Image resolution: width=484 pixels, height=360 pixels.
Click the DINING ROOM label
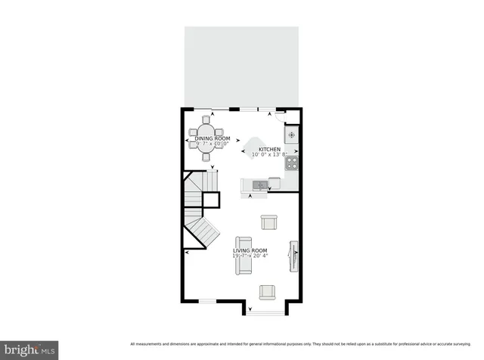[213, 139]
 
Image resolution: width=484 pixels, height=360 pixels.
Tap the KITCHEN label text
[269, 150]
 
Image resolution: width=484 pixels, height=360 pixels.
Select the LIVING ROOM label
[250, 250]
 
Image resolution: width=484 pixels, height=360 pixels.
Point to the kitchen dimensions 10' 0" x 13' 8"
[269, 155]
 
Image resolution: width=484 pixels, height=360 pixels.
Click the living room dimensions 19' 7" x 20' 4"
[250, 256]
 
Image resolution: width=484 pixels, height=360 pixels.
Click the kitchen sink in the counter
[259, 184]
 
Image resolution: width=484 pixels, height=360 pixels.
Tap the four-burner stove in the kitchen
[292, 162]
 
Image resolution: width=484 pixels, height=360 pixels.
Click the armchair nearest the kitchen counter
[268, 222]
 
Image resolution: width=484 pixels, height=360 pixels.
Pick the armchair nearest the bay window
[267, 292]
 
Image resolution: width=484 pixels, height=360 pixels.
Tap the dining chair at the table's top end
[206, 119]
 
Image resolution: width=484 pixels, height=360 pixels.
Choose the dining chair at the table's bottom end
[206, 157]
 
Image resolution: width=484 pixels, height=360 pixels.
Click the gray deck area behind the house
[241, 67]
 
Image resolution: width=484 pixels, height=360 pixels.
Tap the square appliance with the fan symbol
[292, 135]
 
